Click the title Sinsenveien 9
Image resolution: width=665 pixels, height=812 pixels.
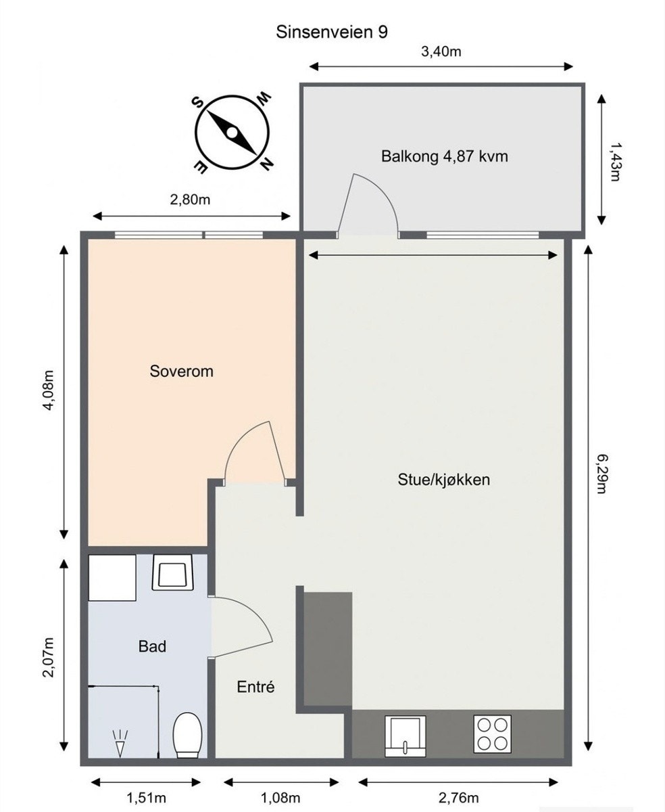coord(332,32)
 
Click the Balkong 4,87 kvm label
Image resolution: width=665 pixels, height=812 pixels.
coord(444,157)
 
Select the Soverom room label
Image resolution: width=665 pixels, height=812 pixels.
coord(181,371)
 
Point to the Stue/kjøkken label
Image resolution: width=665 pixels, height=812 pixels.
coord(443,480)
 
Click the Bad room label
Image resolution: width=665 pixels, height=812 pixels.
coord(152,646)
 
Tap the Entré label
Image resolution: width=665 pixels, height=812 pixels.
coord(256,687)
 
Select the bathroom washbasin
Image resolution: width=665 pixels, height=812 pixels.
coord(174,572)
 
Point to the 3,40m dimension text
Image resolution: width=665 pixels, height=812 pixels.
coord(441,51)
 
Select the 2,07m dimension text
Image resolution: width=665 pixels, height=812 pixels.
coord(47,657)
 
